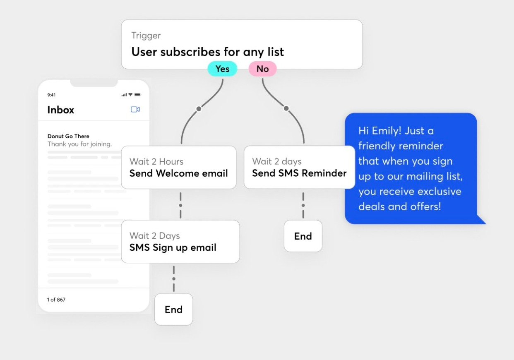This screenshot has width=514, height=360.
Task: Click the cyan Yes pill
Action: point(222,69)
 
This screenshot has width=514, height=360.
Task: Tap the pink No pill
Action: point(262,69)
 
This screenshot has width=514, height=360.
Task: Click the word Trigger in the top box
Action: point(146,36)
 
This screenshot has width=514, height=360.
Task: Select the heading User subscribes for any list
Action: point(207,52)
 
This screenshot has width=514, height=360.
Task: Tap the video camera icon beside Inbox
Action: point(135,109)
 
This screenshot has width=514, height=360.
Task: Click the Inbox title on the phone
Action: point(60,110)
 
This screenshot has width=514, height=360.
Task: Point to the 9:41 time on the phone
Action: point(51,95)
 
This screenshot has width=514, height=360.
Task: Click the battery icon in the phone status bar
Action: point(137,94)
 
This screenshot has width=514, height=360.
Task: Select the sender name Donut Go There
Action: point(68,136)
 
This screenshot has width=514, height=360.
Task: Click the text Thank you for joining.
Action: point(79,144)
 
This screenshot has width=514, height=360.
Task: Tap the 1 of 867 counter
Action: point(56,300)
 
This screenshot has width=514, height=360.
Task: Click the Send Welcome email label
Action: point(178,173)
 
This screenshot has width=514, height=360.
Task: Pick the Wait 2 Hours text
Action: point(156,161)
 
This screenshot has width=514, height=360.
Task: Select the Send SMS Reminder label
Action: point(299,173)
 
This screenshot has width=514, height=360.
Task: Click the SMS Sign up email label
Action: point(173,247)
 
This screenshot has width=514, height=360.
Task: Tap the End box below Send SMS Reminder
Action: point(303,236)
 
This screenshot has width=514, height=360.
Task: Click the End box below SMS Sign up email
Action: point(173,309)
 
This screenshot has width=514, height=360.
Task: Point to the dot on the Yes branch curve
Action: point(199,109)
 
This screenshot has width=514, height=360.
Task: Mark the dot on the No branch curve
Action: point(286,108)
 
